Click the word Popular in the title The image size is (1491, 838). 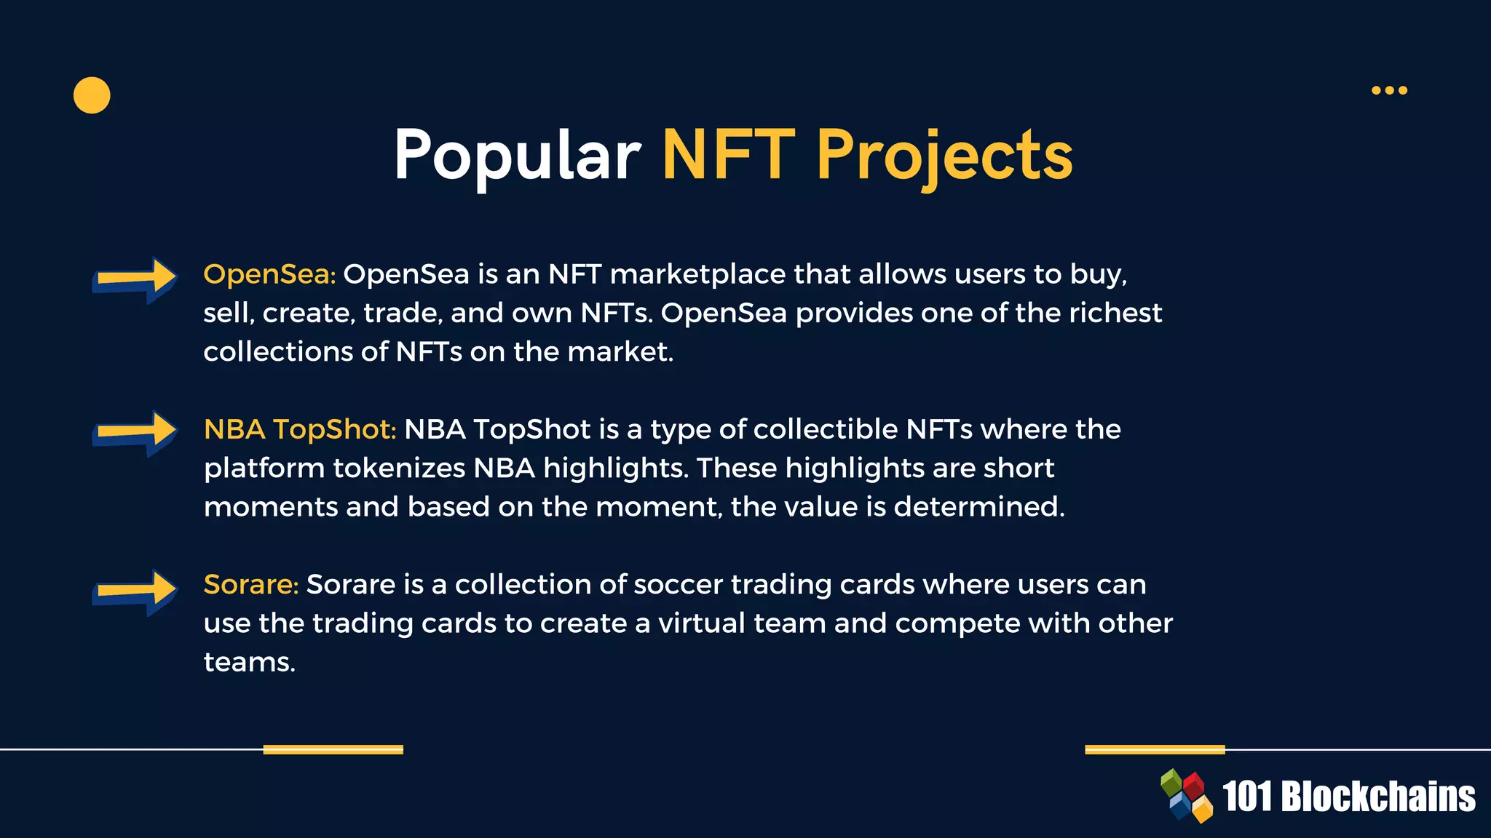(517, 155)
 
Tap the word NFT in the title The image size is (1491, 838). (728, 155)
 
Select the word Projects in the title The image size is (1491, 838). (944, 155)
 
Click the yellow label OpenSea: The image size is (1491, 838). (269, 274)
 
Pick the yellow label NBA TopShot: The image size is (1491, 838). (300, 429)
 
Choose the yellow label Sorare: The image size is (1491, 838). (251, 584)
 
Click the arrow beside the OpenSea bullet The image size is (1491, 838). (135, 279)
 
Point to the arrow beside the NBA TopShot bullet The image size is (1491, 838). (135, 433)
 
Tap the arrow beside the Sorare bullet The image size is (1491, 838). (135, 591)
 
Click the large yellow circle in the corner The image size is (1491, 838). (92, 95)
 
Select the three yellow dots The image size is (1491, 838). (1389, 90)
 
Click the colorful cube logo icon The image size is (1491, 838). (1187, 795)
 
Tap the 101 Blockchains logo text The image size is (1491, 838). (1348, 797)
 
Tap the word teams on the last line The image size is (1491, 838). (249, 662)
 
